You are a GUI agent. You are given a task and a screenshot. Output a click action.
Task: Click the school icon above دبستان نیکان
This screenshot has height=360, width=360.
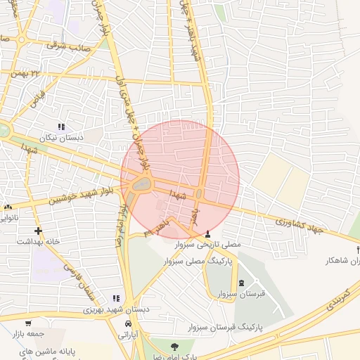tap(62, 127)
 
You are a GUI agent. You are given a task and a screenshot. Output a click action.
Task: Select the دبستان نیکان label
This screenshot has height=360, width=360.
tap(62, 138)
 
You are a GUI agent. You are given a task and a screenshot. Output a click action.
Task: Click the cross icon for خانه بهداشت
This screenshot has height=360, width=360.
tap(37, 231)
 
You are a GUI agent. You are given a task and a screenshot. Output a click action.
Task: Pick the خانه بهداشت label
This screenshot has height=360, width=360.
tap(34, 241)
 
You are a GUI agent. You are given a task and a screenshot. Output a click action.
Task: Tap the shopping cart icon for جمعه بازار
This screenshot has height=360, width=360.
tap(28, 323)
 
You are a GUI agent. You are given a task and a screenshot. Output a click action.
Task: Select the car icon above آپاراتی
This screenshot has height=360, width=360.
tap(127, 323)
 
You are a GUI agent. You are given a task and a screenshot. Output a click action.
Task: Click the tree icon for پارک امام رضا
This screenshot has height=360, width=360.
tap(174, 347)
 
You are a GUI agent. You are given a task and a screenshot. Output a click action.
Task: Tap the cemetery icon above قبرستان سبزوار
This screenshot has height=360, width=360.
tap(243, 283)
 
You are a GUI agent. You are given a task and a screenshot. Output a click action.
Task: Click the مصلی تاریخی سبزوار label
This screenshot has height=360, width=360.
tap(208, 245)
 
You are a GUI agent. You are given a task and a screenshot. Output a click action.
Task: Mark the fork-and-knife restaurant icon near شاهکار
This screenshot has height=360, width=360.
tap(358, 250)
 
